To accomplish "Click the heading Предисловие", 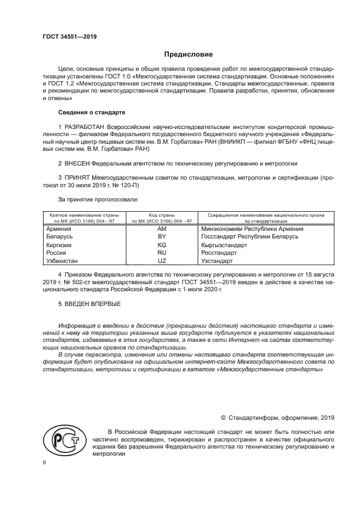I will (x=189, y=54).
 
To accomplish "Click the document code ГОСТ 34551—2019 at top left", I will (x=70, y=36).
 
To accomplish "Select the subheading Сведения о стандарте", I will (x=91, y=112).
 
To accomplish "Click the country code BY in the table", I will (x=162, y=237).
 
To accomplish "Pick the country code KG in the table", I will (x=162, y=246).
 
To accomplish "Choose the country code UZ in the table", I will (x=162, y=261).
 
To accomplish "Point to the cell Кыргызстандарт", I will (x=224, y=246).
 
